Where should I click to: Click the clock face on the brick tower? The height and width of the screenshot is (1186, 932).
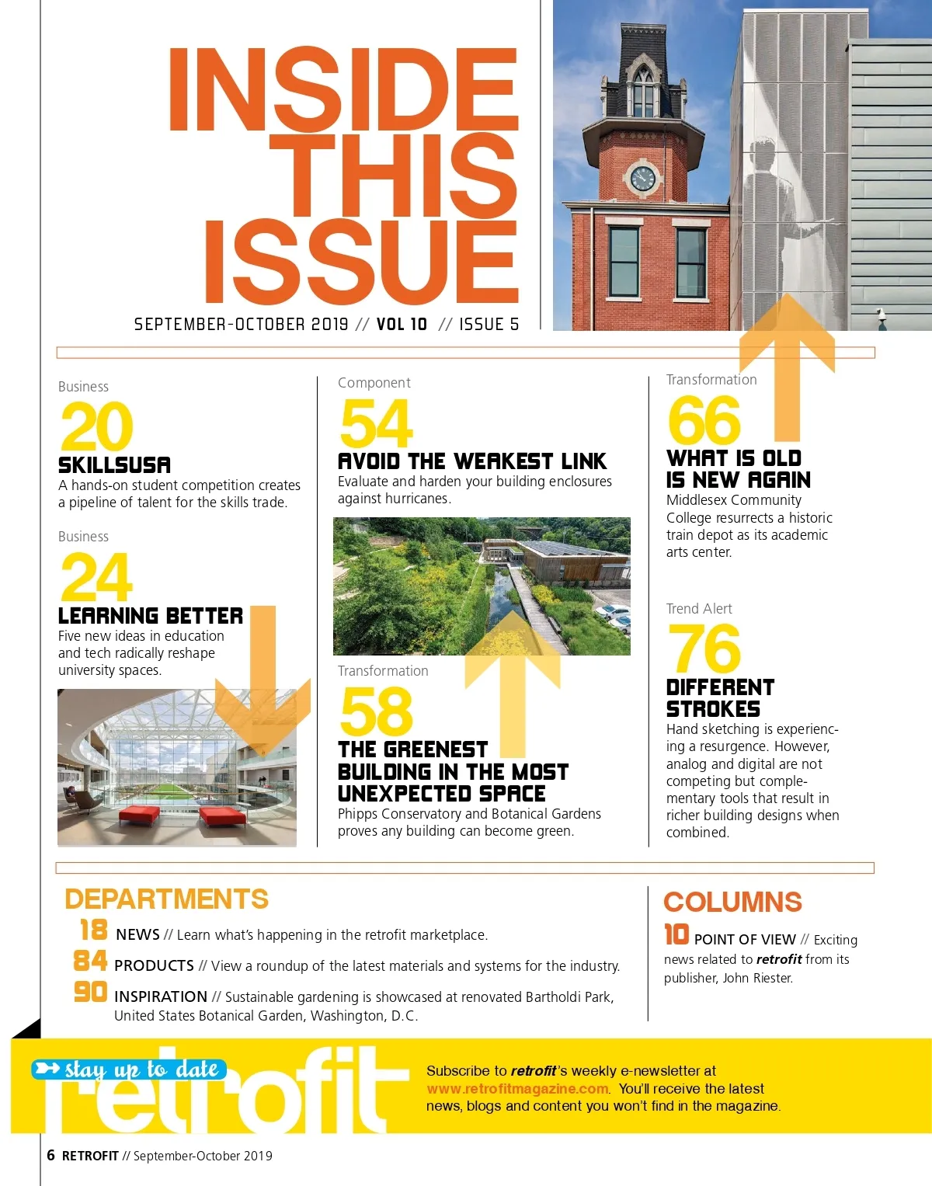(x=642, y=178)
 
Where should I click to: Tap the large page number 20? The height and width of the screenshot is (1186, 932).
(x=97, y=426)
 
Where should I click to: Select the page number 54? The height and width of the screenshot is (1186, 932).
(x=377, y=423)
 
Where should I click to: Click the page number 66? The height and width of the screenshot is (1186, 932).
(x=704, y=420)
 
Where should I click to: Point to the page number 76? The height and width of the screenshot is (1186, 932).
(x=704, y=649)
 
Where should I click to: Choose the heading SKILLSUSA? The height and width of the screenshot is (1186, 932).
(x=115, y=465)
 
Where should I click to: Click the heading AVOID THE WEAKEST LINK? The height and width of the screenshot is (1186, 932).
(x=472, y=461)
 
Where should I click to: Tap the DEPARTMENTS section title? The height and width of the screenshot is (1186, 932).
(x=166, y=899)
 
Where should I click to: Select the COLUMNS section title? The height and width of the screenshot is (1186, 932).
(x=732, y=902)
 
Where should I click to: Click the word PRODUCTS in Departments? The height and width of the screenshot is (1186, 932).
(x=154, y=965)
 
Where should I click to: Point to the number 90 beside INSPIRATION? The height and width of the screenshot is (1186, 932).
(x=90, y=992)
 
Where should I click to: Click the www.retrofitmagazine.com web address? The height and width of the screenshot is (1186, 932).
(x=517, y=1089)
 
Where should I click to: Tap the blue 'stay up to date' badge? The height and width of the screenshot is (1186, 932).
(x=129, y=1069)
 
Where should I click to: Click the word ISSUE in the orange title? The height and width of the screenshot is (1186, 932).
(x=361, y=263)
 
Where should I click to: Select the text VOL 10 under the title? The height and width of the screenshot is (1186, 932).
(x=402, y=324)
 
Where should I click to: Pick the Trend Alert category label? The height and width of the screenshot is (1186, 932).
(x=699, y=609)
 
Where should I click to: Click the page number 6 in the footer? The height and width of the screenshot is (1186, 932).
(x=50, y=1155)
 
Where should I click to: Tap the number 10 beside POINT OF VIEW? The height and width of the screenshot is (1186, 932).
(x=676, y=934)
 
